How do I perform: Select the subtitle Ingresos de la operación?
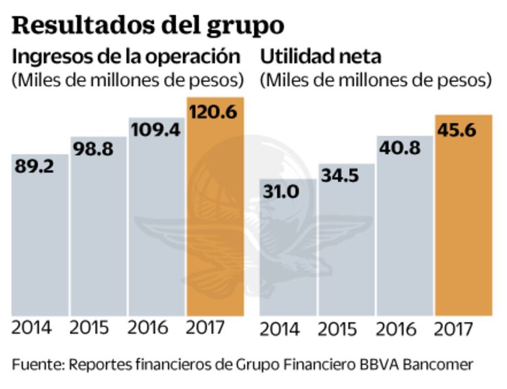pos(127,56)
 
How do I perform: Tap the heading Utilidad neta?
pos(320,56)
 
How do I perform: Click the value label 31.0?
pos(282,191)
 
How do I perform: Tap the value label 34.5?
pos(340,176)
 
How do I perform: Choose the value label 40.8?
pos(400,149)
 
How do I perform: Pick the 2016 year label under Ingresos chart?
pos(150,328)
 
